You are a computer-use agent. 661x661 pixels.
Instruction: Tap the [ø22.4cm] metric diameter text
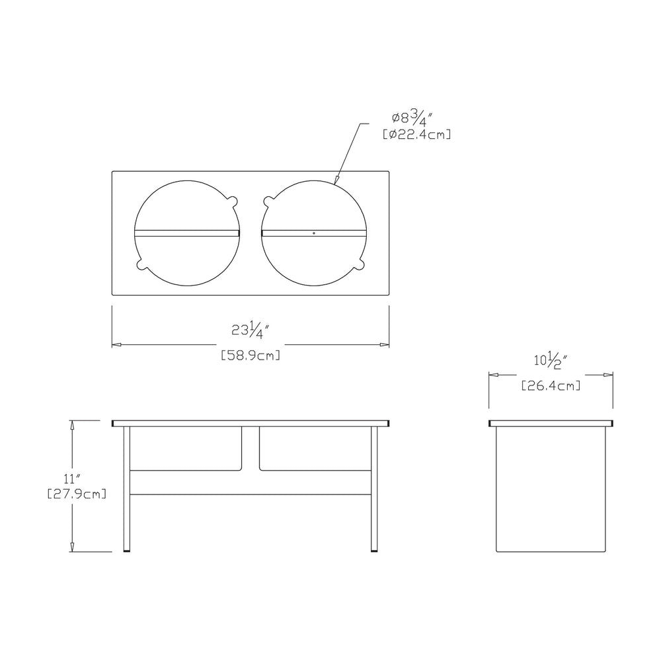click(x=416, y=135)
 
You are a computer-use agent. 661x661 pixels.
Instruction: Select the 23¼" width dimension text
click(x=251, y=330)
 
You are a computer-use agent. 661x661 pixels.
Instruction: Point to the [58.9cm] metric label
click(x=251, y=356)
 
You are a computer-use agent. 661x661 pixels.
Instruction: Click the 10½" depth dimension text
click(x=551, y=362)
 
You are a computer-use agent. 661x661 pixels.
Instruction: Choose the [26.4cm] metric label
click(x=551, y=386)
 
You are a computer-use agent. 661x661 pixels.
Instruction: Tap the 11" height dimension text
click(x=72, y=479)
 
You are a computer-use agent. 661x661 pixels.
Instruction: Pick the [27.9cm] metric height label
click(x=76, y=494)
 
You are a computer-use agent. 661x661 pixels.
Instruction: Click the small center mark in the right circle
click(x=313, y=233)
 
